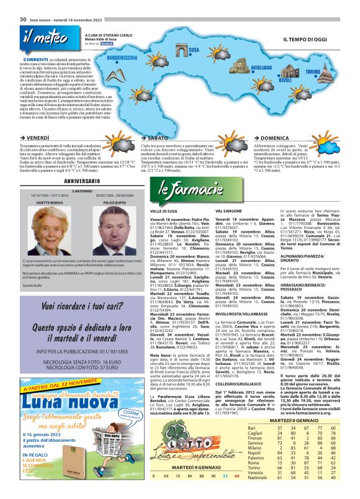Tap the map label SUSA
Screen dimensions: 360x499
coord(193,49)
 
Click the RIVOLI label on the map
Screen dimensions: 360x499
coord(285,81)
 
